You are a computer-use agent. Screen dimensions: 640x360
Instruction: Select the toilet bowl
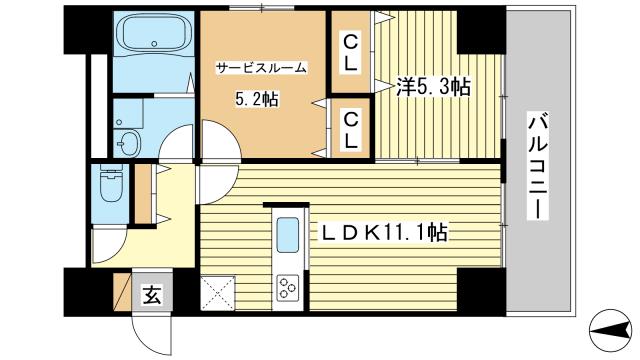[x=111, y=186]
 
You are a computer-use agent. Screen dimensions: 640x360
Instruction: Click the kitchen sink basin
[x=288, y=235]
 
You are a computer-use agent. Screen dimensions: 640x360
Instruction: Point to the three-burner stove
[x=288, y=288]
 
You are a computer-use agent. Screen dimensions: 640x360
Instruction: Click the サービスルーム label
[x=261, y=68]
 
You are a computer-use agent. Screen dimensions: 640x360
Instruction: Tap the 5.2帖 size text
[x=256, y=99]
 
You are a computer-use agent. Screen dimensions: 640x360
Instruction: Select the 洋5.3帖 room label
[x=433, y=86]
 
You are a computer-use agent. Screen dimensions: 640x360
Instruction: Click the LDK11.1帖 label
[x=384, y=233]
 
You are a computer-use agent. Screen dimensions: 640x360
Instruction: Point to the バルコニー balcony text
[x=538, y=166]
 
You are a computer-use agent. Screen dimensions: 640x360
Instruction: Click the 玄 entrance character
[x=152, y=295]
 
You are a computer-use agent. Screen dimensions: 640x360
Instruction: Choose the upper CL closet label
[x=351, y=53]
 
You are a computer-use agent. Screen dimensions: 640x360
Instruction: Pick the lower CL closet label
[x=351, y=131]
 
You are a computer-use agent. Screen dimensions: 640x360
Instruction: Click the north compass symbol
[x=611, y=329]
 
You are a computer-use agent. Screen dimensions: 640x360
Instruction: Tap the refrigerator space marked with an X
[x=218, y=293]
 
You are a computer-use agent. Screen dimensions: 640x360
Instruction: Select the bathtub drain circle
[x=154, y=43]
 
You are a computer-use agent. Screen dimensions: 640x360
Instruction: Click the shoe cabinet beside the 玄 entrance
[x=122, y=292]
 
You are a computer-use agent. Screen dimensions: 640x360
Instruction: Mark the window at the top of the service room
[x=262, y=7]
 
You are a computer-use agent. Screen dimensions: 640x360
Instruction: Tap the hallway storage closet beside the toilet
[x=143, y=194]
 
